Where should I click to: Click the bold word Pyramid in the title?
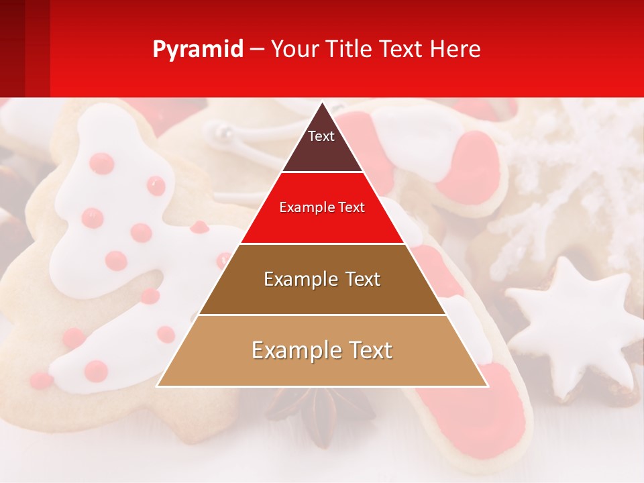click(x=198, y=50)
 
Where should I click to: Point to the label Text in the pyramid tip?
click(x=321, y=136)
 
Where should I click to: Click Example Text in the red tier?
click(x=322, y=207)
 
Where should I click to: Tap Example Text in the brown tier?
click(x=322, y=279)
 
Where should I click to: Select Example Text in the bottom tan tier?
click(x=322, y=350)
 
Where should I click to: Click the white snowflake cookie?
click(x=570, y=174)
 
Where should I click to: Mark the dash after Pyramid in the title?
click(x=257, y=50)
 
